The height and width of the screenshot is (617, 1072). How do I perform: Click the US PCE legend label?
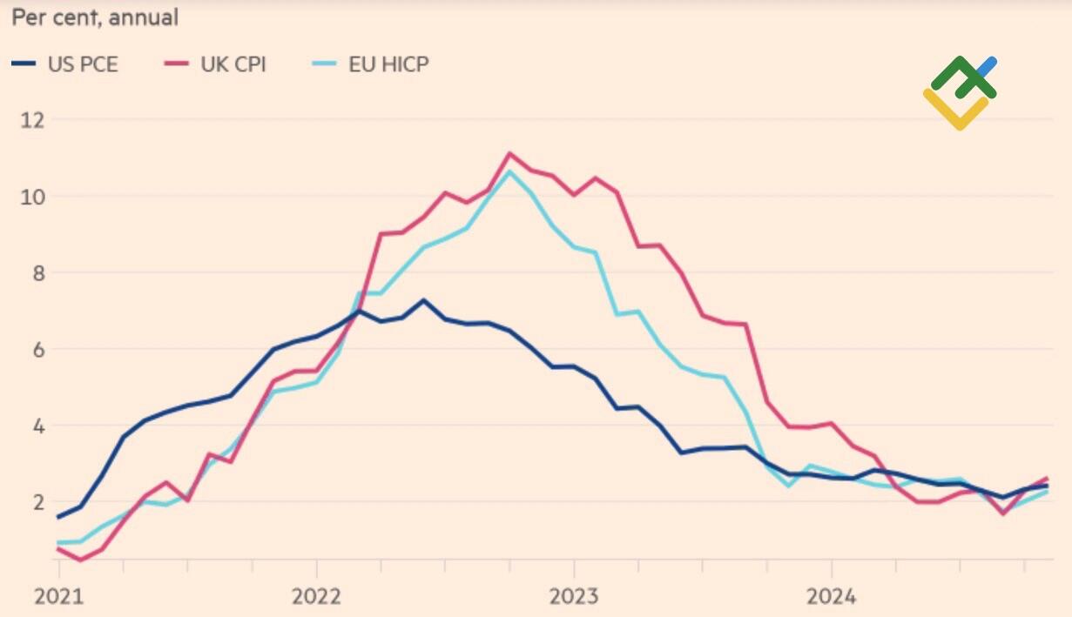pyautogui.click(x=83, y=64)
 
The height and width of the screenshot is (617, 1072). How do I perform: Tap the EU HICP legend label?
pyautogui.click(x=388, y=64)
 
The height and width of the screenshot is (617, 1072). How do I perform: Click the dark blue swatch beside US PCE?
pyautogui.click(x=24, y=64)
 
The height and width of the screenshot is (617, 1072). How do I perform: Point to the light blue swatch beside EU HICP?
pyautogui.click(x=324, y=64)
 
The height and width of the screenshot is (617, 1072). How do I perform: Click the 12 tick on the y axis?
pyautogui.click(x=32, y=119)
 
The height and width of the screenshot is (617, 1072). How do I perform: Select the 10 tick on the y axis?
pyautogui.click(x=32, y=196)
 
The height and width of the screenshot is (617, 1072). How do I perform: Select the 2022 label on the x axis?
pyautogui.click(x=316, y=596)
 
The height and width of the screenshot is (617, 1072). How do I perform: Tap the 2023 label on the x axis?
pyautogui.click(x=573, y=596)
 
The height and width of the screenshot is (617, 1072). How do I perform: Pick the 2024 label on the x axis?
pyautogui.click(x=831, y=596)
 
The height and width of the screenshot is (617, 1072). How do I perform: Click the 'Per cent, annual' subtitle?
pyautogui.click(x=95, y=17)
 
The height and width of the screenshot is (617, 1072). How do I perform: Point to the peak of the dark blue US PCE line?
pyautogui.click(x=423, y=300)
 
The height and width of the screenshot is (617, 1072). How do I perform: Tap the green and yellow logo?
pyautogui.click(x=960, y=92)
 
